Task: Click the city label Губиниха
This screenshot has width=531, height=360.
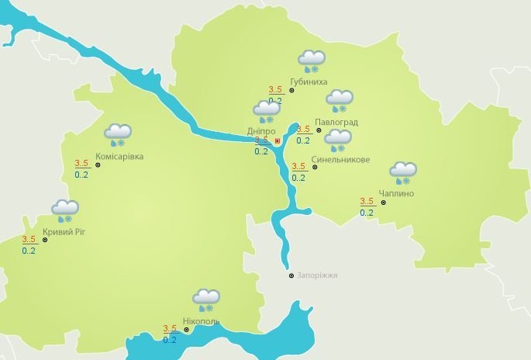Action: (308, 81)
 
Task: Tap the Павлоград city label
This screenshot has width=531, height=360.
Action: (336, 122)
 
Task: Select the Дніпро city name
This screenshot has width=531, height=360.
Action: (261, 131)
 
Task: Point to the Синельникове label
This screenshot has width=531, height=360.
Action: (340, 161)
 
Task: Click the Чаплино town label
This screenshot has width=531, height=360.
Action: (396, 193)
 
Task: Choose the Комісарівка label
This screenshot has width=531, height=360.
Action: (119, 157)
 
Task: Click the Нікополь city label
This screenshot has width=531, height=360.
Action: (201, 321)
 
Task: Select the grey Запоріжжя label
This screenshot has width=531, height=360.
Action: (317, 275)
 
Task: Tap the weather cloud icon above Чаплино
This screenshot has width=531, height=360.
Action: (402, 172)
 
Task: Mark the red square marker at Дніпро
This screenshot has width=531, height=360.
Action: (278, 142)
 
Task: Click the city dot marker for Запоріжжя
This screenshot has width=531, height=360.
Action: (291, 275)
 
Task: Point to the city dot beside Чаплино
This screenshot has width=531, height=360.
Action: (383, 203)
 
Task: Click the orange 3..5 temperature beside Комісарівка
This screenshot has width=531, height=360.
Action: (82, 163)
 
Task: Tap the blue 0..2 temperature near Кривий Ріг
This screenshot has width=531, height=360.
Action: (29, 251)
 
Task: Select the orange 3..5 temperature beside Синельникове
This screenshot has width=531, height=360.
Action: (298, 166)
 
